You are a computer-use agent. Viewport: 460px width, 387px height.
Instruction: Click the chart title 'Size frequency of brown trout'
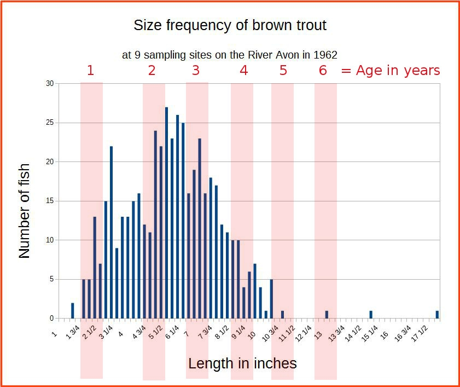tap(230, 25)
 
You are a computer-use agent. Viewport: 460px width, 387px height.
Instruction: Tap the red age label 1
tap(90, 70)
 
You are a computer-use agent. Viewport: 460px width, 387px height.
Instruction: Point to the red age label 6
tap(323, 70)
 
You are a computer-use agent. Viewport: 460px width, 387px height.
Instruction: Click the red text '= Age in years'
tap(391, 70)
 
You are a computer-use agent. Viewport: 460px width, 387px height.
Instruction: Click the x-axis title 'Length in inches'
tap(242, 363)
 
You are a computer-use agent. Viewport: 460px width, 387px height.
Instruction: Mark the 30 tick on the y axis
tap(50, 84)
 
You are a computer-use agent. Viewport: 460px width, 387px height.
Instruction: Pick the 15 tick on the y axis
tap(50, 201)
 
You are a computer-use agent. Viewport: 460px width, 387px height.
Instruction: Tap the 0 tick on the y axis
tap(51, 318)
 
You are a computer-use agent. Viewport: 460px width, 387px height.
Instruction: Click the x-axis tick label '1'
tap(55, 328)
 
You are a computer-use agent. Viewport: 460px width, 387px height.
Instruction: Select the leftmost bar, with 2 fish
tap(72, 310)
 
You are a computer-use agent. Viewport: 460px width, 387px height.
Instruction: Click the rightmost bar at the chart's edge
tap(437, 314)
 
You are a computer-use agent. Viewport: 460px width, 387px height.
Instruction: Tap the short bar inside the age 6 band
tap(327, 314)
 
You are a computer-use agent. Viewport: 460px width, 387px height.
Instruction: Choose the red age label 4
tap(243, 70)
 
